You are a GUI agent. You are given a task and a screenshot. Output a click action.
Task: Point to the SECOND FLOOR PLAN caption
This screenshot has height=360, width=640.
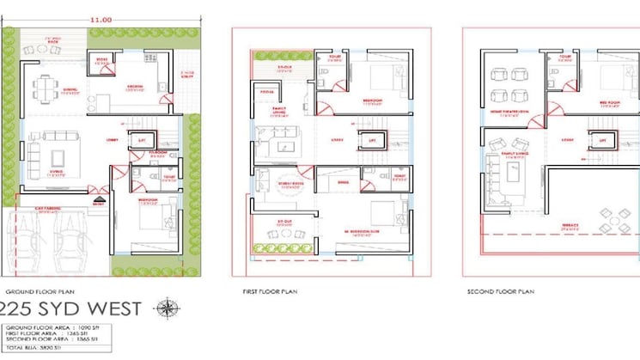tap(501, 292)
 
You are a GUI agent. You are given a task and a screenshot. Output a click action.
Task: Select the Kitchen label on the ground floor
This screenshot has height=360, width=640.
tap(135, 88)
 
